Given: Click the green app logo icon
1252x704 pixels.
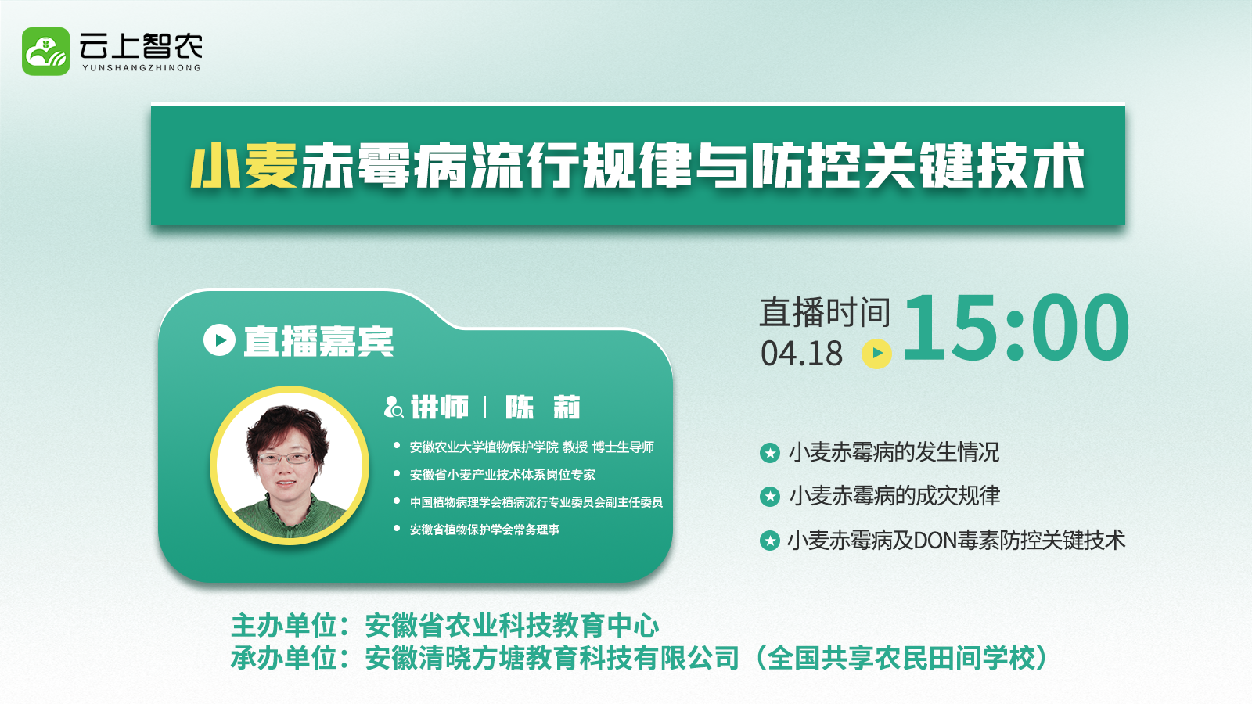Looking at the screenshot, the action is [46, 51].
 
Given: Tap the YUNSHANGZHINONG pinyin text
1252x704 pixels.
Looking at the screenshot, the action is [142, 68].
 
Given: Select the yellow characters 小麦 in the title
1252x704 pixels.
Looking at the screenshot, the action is [243, 165].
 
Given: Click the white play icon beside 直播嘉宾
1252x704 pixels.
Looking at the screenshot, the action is [219, 339].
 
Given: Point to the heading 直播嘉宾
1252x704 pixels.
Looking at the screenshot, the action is [319, 341].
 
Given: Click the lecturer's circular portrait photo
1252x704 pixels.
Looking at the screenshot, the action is [290, 465].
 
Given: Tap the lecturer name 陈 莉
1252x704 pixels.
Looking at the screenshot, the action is [543, 407].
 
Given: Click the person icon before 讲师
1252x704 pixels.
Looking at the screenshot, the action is [394, 407].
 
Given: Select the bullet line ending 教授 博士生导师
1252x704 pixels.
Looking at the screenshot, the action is [531, 447].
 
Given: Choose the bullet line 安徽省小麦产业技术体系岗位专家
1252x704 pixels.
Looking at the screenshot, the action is [502, 475].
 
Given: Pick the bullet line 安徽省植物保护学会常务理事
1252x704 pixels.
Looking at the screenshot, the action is [484, 530].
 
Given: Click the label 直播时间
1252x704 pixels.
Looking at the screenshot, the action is [825, 312].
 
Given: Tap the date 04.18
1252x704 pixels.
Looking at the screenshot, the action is [801, 354].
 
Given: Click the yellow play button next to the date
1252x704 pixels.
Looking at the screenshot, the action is [876, 354].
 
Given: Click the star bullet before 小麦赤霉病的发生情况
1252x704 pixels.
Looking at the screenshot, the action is [770, 453].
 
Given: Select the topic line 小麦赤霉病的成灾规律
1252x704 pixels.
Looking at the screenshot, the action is [894, 496].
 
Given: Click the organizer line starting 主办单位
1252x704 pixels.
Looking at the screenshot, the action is [445, 626].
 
